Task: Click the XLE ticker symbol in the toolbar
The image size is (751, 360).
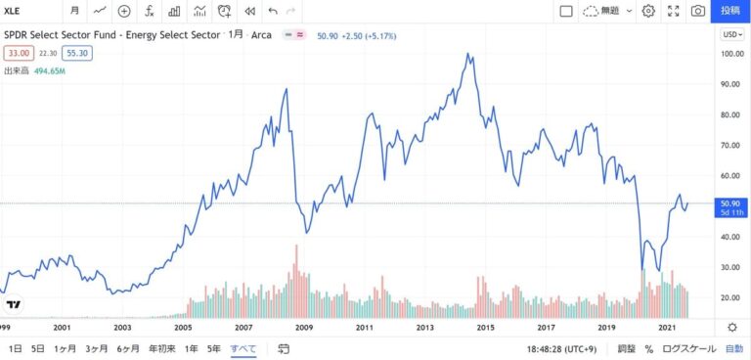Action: coord(13,11)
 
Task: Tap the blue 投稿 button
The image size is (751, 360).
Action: coord(729,11)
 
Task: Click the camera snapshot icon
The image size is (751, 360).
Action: coord(697,11)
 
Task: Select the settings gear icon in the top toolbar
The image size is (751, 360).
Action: coord(648,11)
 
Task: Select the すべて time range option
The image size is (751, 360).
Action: coord(243,348)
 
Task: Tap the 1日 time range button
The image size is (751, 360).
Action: coord(15,348)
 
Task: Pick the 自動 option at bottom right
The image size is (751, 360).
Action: coord(733,348)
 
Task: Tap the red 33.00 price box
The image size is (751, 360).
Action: coord(19,54)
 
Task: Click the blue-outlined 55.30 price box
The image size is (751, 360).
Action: coord(78,54)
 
